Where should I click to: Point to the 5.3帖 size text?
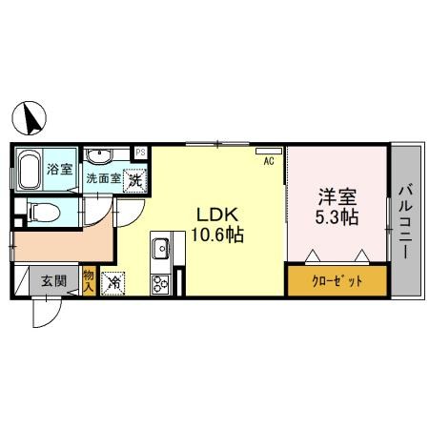point(337,217)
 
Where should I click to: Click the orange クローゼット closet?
point(337,282)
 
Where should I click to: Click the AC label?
point(269,162)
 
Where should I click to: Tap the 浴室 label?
point(59,169)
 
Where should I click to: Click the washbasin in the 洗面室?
point(99,155)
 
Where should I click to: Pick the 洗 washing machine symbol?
point(136,177)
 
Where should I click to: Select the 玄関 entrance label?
point(53,281)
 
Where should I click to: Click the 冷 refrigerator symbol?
point(113,281)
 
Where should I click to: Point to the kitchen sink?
point(160,249)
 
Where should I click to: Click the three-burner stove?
point(160,282)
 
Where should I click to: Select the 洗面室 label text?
point(103,177)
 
